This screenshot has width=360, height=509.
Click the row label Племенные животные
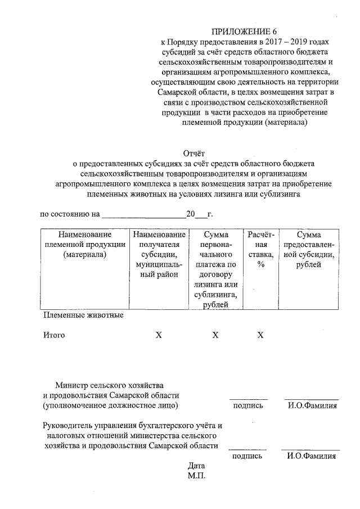pyautogui.click(x=83, y=315)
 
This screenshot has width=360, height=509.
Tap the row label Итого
pyautogui.click(x=54, y=335)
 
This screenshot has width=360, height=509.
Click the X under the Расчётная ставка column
pyautogui.click(x=260, y=335)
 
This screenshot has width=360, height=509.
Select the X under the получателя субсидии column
pyautogui.click(x=159, y=335)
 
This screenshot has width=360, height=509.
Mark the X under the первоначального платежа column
pyautogui.click(x=215, y=335)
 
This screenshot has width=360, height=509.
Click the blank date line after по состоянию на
pyautogui.click(x=144, y=214)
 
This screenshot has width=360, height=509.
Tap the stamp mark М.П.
pyautogui.click(x=199, y=476)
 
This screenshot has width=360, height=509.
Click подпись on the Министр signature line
pyautogui.click(x=247, y=406)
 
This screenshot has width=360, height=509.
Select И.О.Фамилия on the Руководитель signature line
pyautogui.click(x=311, y=456)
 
